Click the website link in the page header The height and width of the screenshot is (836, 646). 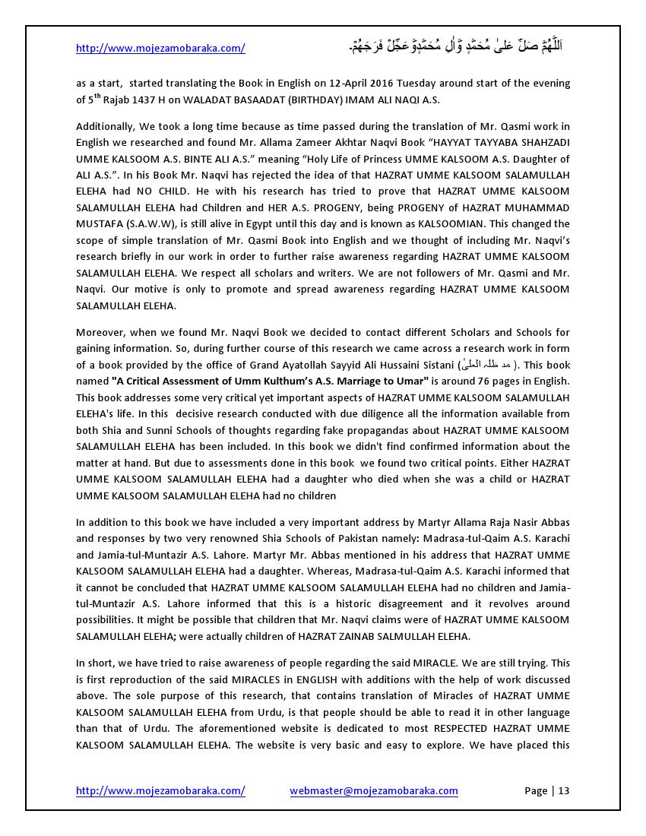pyautogui.click(x=160, y=49)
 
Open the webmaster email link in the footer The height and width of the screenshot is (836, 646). pyautogui.click(x=373, y=790)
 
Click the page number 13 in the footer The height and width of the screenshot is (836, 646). pyautogui.click(x=563, y=790)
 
